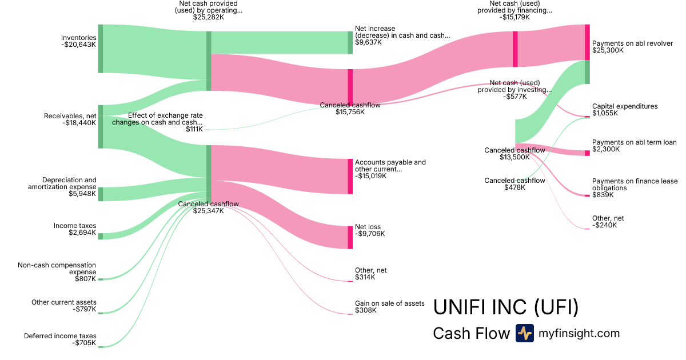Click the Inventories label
pos(79,38)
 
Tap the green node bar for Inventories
pos(100,49)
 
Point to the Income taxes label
pos(75,226)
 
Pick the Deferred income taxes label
pos(60,336)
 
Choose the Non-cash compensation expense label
pos(57,269)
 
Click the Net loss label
pos(368,227)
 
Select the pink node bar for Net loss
pos(350,237)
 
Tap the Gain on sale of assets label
pos(389,303)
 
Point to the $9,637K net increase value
pos(368,42)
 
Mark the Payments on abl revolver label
pos(633,43)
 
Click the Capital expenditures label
pos(625,106)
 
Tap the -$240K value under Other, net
pos(605,225)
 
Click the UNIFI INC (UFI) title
pos(506,307)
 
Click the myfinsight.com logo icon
pos(524,333)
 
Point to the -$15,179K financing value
pos(515,17)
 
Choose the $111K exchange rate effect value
pos(194,129)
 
